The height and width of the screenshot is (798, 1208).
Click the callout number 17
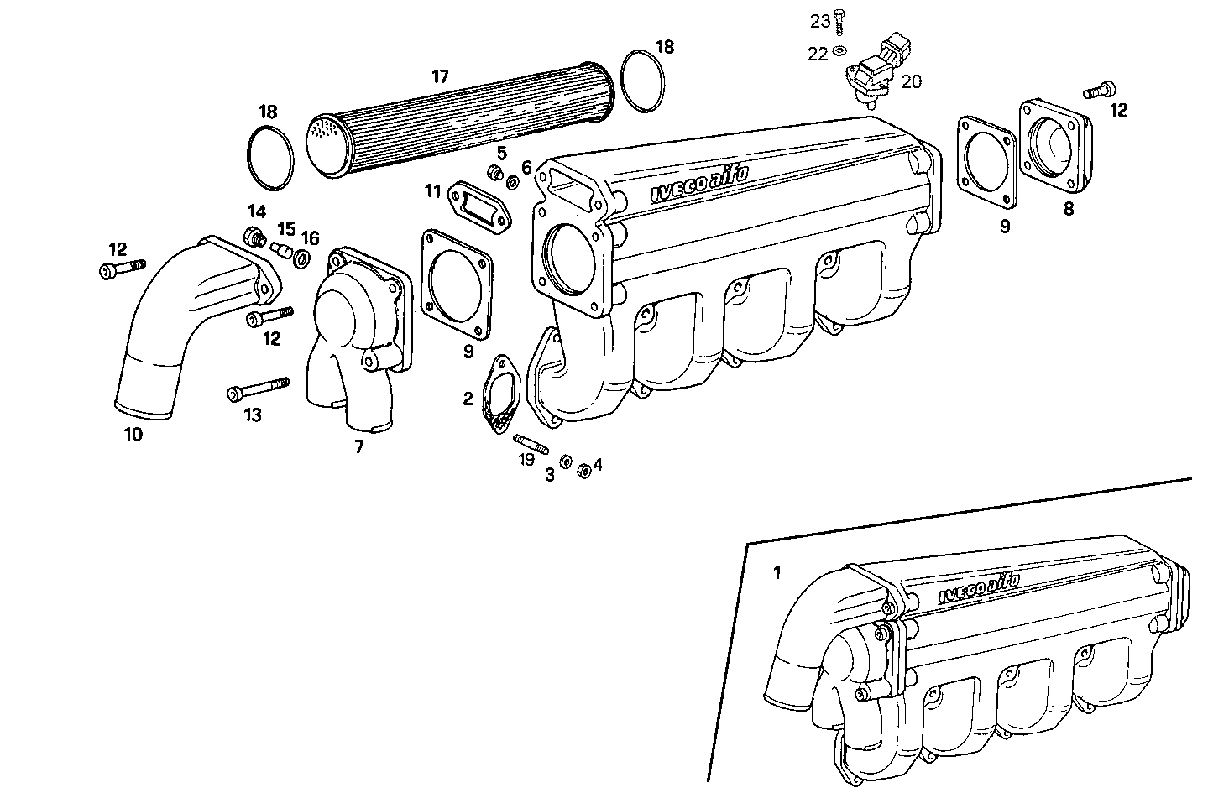coord(440,77)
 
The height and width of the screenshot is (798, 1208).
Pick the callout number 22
coord(817,54)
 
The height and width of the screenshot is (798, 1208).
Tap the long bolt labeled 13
coord(257,389)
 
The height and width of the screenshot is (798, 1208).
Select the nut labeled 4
coord(584,470)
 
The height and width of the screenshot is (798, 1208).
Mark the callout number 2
coord(468,399)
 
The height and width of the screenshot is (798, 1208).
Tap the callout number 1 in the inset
coord(777,573)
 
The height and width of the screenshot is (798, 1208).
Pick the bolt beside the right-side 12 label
coord(1099,89)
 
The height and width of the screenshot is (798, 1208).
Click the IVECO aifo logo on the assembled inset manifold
coord(979,588)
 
